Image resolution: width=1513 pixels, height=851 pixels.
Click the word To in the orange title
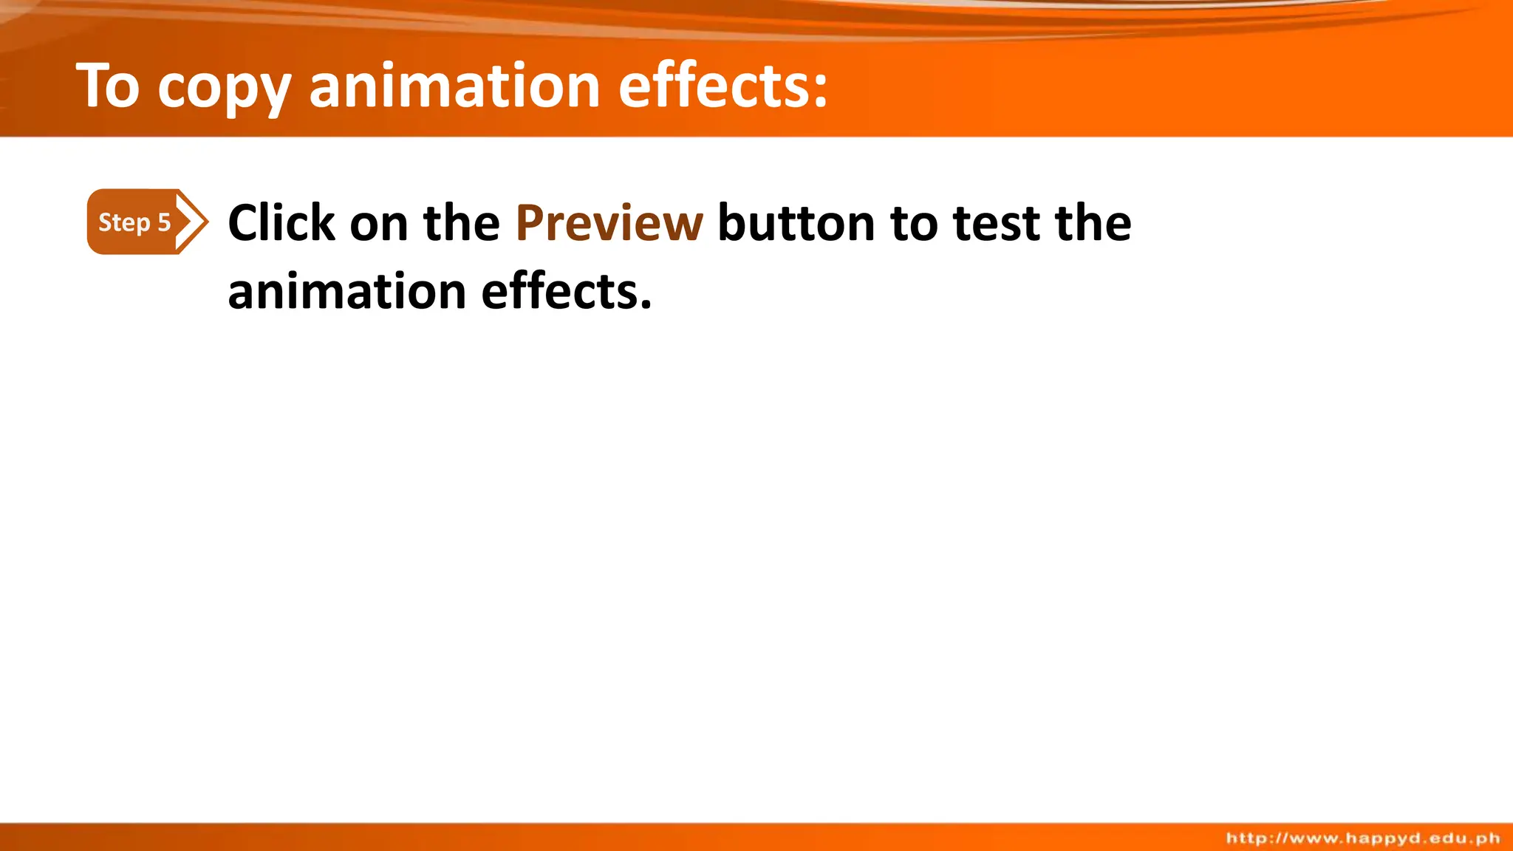(x=108, y=86)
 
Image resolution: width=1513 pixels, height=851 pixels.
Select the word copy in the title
(x=224, y=89)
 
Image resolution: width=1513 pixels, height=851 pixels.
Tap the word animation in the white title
(x=454, y=86)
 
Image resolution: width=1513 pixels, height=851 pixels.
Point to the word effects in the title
(x=712, y=86)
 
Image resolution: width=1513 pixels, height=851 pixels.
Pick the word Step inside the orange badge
(x=124, y=222)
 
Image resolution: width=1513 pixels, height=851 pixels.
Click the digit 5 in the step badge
(x=164, y=222)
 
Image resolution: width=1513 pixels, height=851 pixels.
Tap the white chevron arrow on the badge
(x=191, y=222)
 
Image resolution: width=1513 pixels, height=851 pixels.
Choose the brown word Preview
(x=609, y=224)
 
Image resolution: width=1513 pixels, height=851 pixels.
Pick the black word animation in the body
(x=346, y=291)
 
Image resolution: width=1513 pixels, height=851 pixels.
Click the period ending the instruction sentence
(x=646, y=305)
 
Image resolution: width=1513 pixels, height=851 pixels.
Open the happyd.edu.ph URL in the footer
(x=1363, y=838)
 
